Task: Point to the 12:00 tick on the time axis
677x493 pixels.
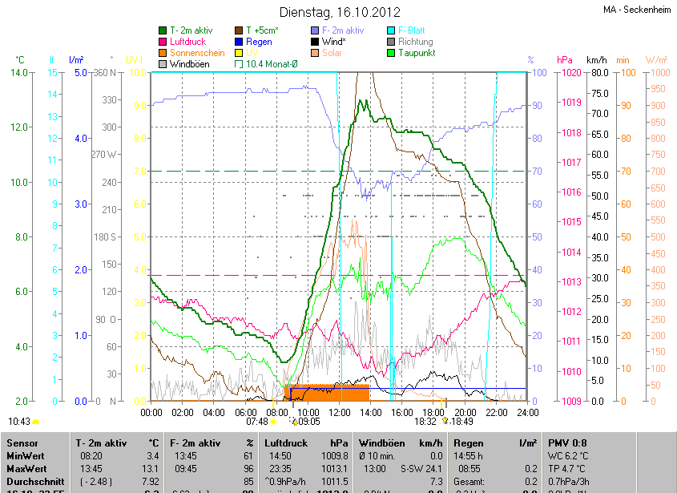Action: click(339, 412)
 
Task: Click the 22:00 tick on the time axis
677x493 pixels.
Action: click(496, 412)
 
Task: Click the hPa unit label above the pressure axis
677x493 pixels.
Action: click(564, 60)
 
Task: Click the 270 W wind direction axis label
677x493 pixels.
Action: click(105, 155)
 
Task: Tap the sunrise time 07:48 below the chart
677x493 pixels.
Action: click(257, 421)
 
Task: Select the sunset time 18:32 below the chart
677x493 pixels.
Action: click(425, 421)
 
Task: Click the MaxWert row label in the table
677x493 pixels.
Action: click(26, 467)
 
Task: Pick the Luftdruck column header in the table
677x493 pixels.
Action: click(286, 442)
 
